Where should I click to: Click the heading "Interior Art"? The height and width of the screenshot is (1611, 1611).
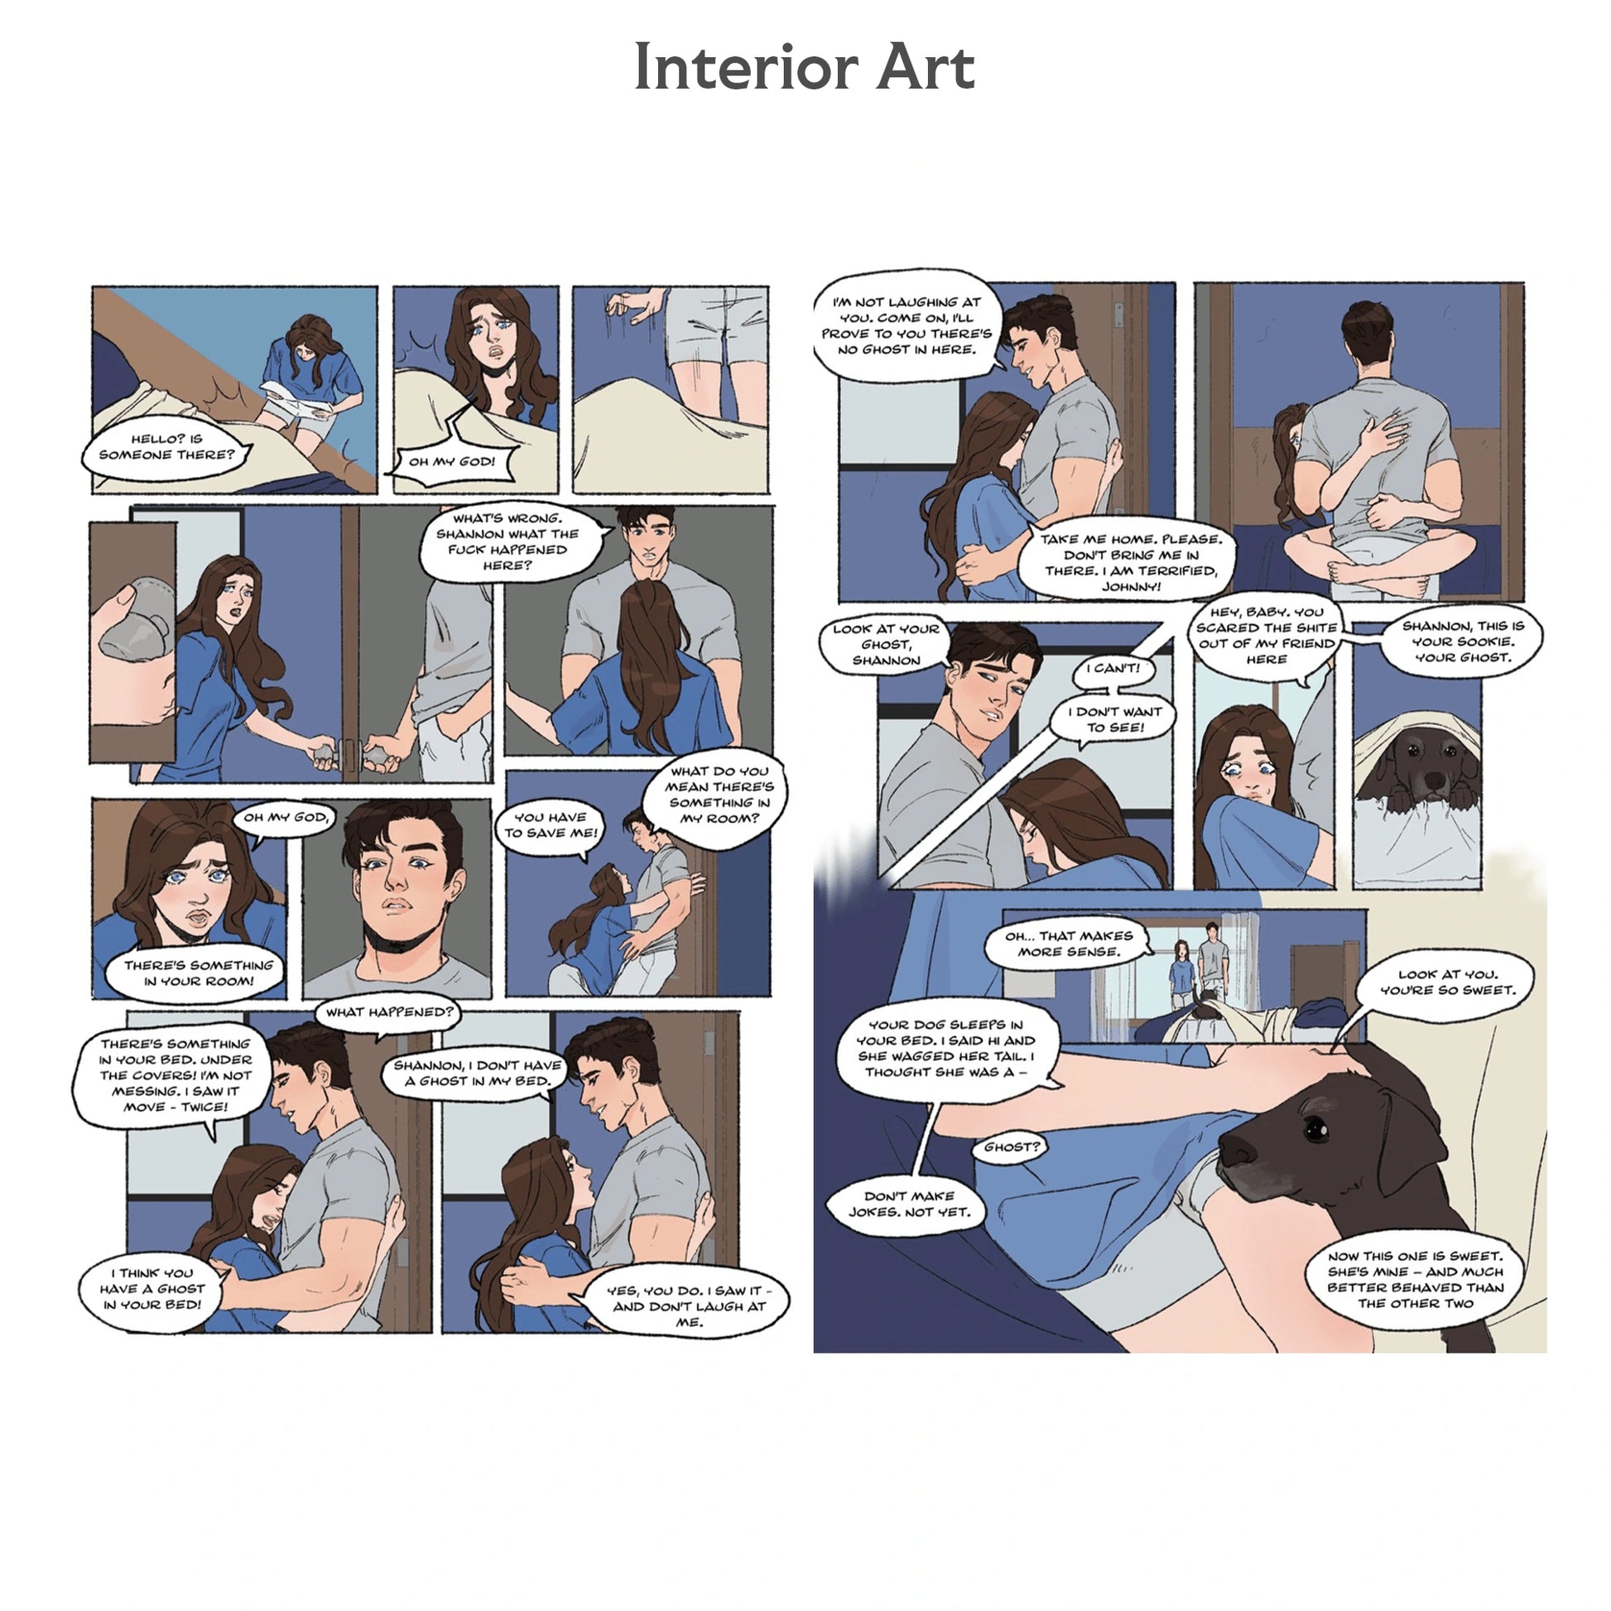tap(804, 67)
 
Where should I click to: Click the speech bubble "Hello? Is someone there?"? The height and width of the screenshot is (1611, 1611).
tap(166, 450)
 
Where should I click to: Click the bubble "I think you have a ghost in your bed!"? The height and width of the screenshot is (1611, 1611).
tap(153, 1290)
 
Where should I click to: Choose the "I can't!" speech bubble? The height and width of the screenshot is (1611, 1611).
tap(1113, 670)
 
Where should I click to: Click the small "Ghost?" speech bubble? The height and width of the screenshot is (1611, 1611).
tap(1012, 1147)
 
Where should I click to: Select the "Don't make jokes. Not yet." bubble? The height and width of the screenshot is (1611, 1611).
tap(909, 1204)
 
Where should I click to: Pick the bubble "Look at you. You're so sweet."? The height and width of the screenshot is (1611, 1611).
tap(1447, 984)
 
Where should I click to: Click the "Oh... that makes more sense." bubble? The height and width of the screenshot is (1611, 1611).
tap(1068, 945)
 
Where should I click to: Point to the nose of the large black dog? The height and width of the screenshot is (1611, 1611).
tap(1236, 1152)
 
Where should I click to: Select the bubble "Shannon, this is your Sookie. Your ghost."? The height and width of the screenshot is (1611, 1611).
tap(1463, 642)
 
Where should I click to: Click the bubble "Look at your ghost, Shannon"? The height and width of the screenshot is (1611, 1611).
tap(887, 645)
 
